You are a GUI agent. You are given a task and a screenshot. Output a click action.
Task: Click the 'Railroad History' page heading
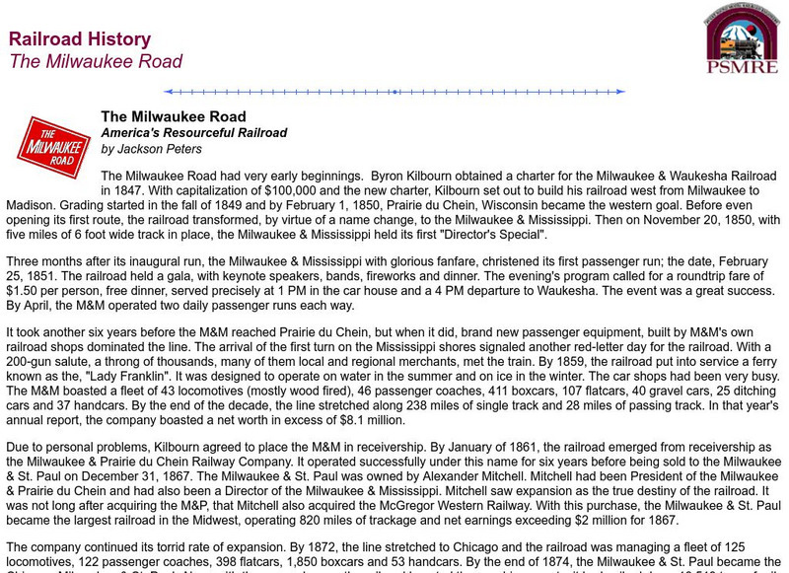(x=80, y=39)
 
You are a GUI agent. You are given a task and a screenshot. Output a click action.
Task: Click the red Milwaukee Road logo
(x=52, y=146)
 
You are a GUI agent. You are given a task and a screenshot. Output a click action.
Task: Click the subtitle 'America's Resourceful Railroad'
(x=194, y=132)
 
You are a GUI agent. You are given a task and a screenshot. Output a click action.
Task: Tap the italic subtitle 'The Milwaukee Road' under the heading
(x=96, y=61)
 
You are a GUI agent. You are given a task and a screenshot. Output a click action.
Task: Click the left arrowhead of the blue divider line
(x=168, y=92)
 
